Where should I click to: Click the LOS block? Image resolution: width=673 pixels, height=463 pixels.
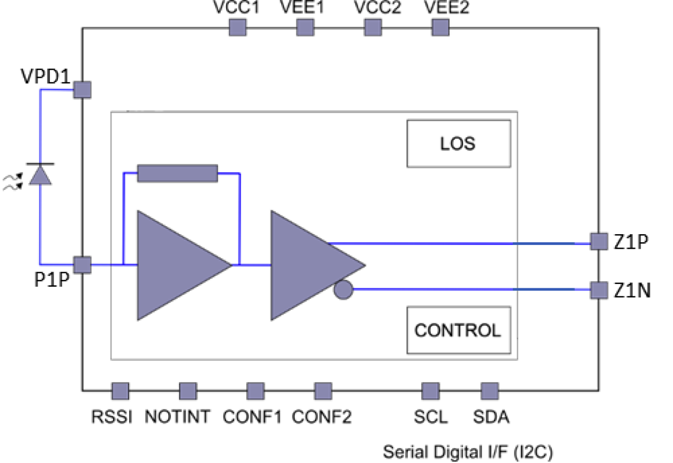[x=459, y=144]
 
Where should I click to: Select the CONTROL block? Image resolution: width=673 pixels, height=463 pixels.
[x=459, y=330]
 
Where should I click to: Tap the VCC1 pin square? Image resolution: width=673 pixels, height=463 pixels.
[x=237, y=27]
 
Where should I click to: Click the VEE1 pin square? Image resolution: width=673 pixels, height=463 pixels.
[x=305, y=27]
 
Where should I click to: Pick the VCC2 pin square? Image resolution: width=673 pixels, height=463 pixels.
[x=372, y=27]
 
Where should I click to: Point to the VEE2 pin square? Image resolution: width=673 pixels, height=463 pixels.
[x=440, y=27]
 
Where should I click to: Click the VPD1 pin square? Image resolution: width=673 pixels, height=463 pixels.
[x=82, y=89]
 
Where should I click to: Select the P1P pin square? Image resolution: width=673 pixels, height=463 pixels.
[x=82, y=264]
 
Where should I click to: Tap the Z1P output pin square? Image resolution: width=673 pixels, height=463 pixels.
[x=598, y=242]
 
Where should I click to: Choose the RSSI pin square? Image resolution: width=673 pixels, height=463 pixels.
[x=120, y=391]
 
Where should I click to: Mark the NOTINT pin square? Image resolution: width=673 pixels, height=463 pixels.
[x=188, y=391]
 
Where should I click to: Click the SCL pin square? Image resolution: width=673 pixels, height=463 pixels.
[x=430, y=391]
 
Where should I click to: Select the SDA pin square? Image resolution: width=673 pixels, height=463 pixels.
[x=489, y=391]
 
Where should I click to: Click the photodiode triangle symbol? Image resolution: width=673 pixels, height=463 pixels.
[x=40, y=176]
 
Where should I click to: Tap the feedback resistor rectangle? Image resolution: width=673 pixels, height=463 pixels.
[x=177, y=173]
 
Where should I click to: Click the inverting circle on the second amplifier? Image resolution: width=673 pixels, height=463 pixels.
[x=343, y=290]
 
